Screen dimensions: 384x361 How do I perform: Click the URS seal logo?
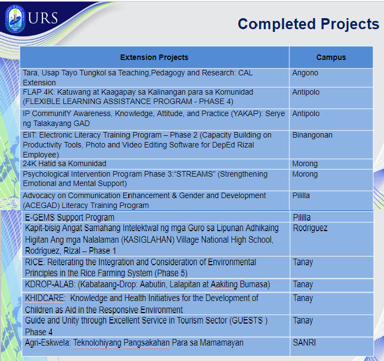point(15,19)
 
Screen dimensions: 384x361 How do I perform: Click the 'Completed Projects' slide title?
point(309,24)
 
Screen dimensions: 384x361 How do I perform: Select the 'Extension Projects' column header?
point(154,57)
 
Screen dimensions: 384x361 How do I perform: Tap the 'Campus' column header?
point(331,57)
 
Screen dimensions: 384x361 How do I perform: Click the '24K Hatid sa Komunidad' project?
point(64,163)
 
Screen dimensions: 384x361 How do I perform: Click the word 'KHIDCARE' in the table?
point(45,298)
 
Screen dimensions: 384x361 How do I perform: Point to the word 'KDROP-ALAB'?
point(50,285)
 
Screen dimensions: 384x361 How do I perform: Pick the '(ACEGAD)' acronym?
point(41,205)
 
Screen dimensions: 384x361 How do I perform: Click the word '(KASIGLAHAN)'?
point(147,239)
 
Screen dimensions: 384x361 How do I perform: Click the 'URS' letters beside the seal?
point(43,18)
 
